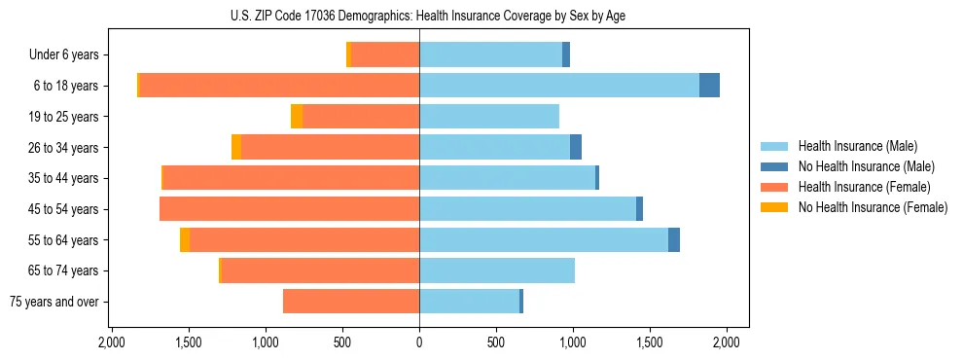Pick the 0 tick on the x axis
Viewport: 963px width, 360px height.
click(x=419, y=342)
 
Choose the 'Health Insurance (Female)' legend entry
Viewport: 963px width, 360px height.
click(x=864, y=187)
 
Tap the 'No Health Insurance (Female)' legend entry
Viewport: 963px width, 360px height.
click(x=873, y=207)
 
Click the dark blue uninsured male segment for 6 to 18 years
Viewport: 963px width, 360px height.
click(x=709, y=86)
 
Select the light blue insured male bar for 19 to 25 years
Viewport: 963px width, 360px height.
click(x=489, y=117)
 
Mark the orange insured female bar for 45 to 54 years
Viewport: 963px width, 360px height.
click(x=289, y=209)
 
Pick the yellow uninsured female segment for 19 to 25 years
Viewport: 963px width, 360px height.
click(x=297, y=117)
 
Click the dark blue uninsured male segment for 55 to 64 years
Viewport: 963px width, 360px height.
click(x=674, y=239)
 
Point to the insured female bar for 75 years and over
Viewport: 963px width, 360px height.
click(x=351, y=302)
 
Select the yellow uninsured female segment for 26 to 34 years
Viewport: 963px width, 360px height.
click(x=236, y=147)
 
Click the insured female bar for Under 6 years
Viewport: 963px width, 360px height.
click(x=385, y=54)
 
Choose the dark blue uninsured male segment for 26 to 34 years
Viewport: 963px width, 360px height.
click(x=576, y=147)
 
